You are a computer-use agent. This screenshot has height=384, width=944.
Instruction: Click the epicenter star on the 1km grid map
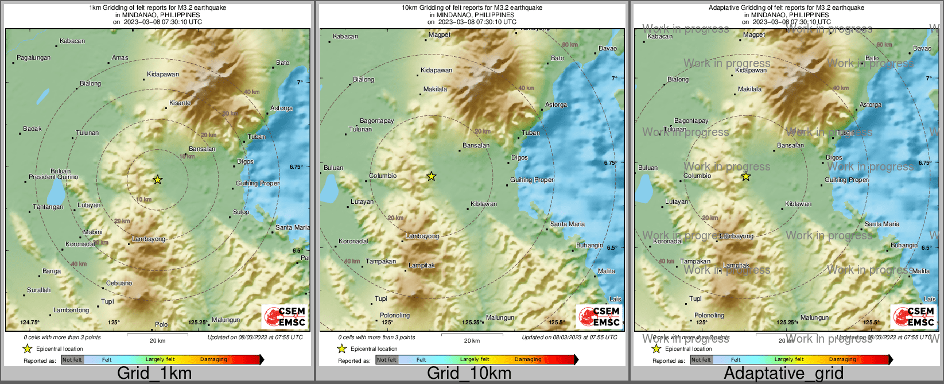click(x=158, y=180)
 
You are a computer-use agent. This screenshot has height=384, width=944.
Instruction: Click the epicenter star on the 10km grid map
click(x=432, y=176)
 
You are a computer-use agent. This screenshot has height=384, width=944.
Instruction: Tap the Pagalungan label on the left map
click(x=34, y=58)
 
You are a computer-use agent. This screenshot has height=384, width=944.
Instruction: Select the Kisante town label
click(x=180, y=103)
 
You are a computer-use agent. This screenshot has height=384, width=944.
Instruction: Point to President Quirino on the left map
click(x=53, y=177)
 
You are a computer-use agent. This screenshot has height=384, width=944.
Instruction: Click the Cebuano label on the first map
click(x=119, y=284)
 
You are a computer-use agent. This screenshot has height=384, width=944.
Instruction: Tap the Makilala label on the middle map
click(x=436, y=90)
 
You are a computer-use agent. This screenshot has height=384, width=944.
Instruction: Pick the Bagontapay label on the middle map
click(x=377, y=121)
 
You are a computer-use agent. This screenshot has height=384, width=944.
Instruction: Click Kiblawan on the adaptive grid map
click(x=798, y=204)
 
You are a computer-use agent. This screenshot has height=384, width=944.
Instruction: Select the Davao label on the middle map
click(x=608, y=49)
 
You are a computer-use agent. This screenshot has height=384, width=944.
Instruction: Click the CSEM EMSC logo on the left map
click(x=285, y=316)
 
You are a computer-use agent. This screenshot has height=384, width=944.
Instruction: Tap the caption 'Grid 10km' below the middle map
click(x=469, y=374)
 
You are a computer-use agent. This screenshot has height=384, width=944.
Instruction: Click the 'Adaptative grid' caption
click(x=783, y=374)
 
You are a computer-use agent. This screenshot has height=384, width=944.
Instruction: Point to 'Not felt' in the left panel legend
click(x=72, y=360)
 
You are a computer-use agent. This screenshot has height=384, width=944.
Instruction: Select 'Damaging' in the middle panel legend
click(x=528, y=360)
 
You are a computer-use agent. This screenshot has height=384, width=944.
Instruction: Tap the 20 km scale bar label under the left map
click(x=157, y=341)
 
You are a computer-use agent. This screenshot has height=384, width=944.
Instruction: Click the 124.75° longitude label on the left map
click(x=30, y=323)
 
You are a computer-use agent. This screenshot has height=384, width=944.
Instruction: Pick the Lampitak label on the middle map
click(x=422, y=266)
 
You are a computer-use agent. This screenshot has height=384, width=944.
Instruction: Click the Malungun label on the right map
click(x=814, y=318)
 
